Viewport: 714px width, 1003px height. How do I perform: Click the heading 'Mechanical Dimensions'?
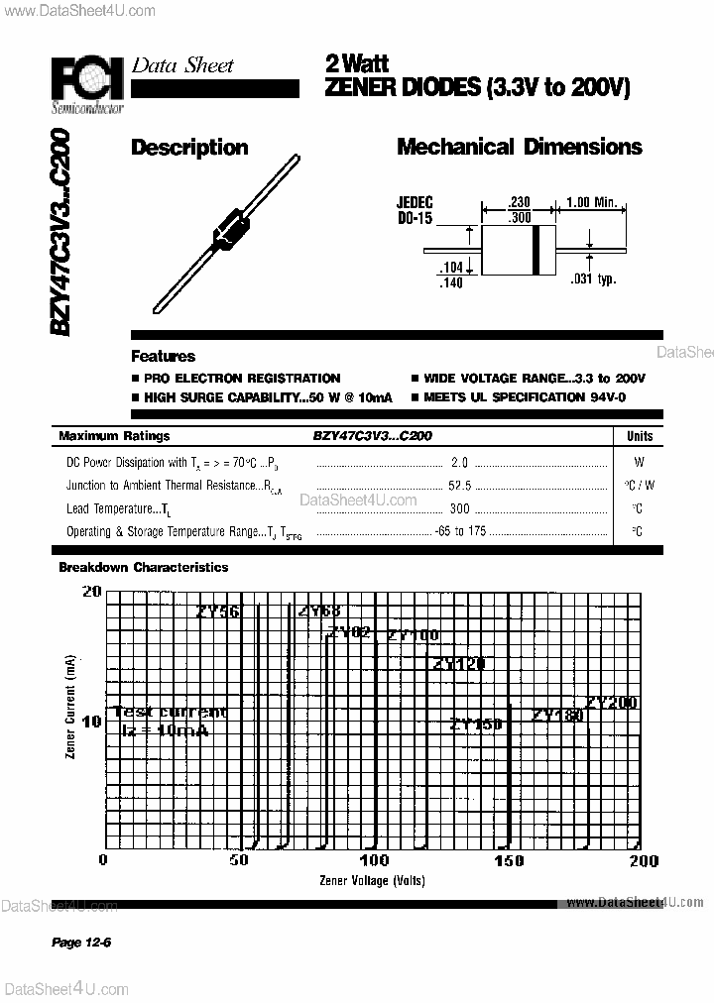coord(519,148)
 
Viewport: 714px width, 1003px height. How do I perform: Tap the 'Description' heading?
coord(189,148)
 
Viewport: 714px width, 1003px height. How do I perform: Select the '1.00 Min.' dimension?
coord(591,203)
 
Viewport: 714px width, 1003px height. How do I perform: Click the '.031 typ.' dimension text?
coord(593,279)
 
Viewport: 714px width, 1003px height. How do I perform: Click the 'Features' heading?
coord(163,357)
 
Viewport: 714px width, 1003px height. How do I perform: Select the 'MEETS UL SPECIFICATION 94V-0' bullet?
coord(532,397)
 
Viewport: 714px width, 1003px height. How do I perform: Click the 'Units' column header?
coord(640,436)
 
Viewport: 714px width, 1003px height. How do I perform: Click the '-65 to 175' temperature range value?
coord(459,532)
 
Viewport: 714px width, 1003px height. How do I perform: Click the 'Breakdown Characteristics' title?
coord(143,568)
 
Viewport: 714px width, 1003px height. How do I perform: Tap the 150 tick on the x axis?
coord(509,860)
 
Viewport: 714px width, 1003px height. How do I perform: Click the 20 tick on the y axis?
coord(91,592)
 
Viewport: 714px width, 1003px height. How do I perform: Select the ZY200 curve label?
coord(610,703)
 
